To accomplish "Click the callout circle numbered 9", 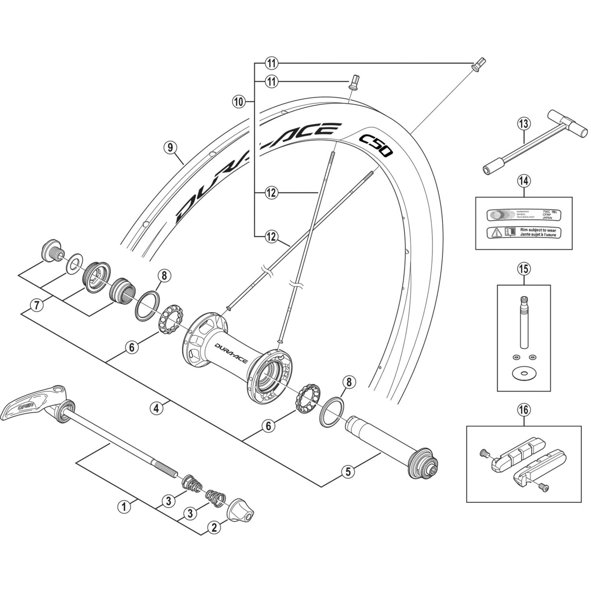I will click(170, 148).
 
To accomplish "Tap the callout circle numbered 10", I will click(239, 101).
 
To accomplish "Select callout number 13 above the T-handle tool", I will click(524, 124).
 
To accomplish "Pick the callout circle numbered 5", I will click(348, 471).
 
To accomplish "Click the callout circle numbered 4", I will click(156, 408).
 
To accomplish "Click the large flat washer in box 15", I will click(524, 373).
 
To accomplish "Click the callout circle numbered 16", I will click(524, 409).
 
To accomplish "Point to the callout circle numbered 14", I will click(524, 181).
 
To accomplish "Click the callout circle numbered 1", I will click(124, 506).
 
